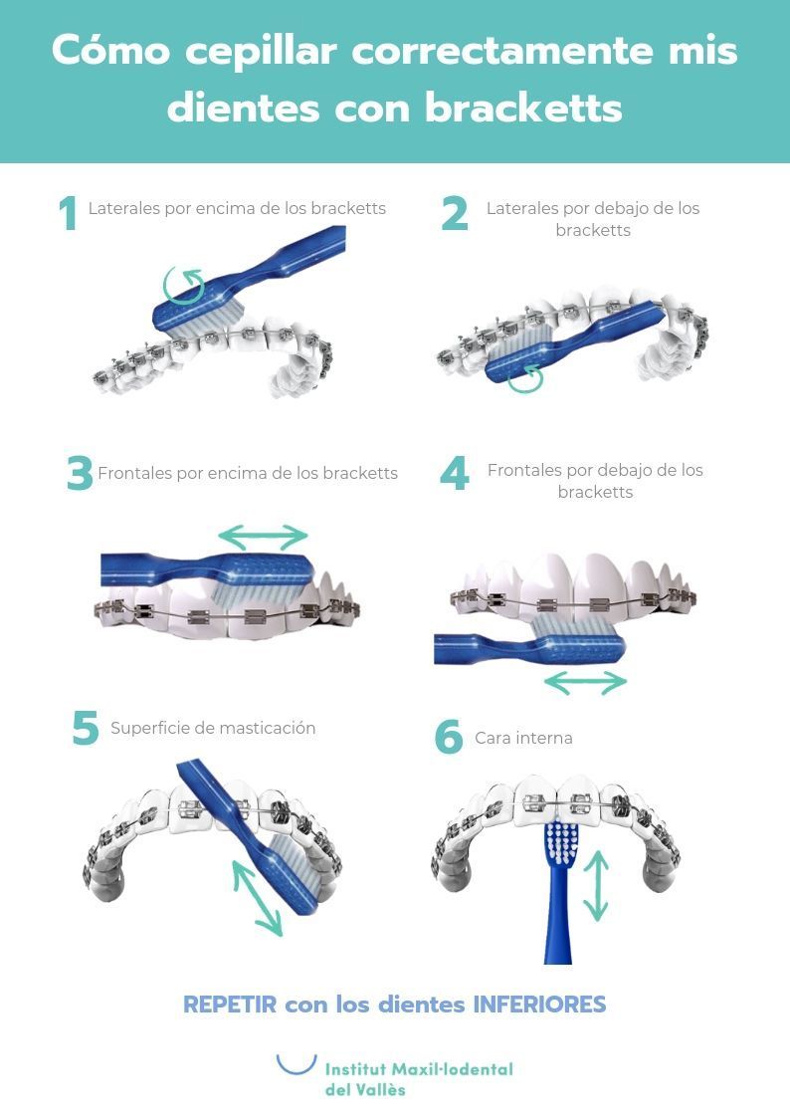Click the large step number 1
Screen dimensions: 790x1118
pyautogui.click(x=69, y=213)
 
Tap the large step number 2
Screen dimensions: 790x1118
pyautogui.click(x=455, y=213)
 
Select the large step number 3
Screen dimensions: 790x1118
pyautogui.click(x=79, y=474)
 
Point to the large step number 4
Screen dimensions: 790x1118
pyautogui.click(x=455, y=474)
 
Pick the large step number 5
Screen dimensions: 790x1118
pyautogui.click(x=86, y=728)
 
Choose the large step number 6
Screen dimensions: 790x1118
pyautogui.click(x=449, y=737)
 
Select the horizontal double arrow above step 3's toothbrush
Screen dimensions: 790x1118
pyautogui.click(x=262, y=537)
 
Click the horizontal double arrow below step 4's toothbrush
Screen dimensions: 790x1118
pyautogui.click(x=585, y=682)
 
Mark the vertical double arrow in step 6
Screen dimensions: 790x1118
pyautogui.click(x=596, y=886)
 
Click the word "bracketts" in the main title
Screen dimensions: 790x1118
pyautogui.click(x=523, y=109)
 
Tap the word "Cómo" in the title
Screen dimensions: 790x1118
pyautogui.click(x=111, y=50)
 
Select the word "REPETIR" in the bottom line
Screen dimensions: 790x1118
pyautogui.click(x=230, y=1004)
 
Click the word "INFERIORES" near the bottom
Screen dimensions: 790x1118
pyautogui.click(x=539, y=1004)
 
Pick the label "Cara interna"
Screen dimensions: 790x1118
pyautogui.click(x=523, y=738)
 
